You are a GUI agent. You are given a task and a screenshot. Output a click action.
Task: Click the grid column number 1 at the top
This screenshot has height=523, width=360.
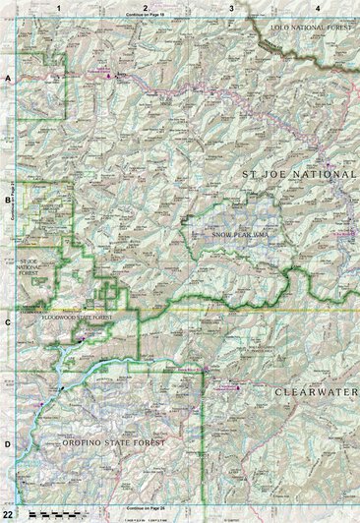59,7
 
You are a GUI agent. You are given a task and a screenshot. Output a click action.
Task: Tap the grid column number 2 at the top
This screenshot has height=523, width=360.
146,7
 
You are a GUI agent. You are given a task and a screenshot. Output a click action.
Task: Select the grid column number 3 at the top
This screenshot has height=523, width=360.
231,7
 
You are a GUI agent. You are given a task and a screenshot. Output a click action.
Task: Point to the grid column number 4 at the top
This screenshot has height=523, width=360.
317,7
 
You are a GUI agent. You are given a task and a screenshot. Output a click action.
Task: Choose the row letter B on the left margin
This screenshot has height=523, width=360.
8,196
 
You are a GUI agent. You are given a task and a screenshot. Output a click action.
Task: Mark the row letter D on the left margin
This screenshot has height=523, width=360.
8,444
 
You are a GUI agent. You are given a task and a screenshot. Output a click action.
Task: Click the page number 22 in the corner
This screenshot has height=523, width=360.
8,514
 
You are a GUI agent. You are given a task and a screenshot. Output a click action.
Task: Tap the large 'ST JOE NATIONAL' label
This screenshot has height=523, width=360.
297,174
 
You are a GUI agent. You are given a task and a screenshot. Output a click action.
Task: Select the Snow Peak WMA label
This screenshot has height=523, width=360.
240,233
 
